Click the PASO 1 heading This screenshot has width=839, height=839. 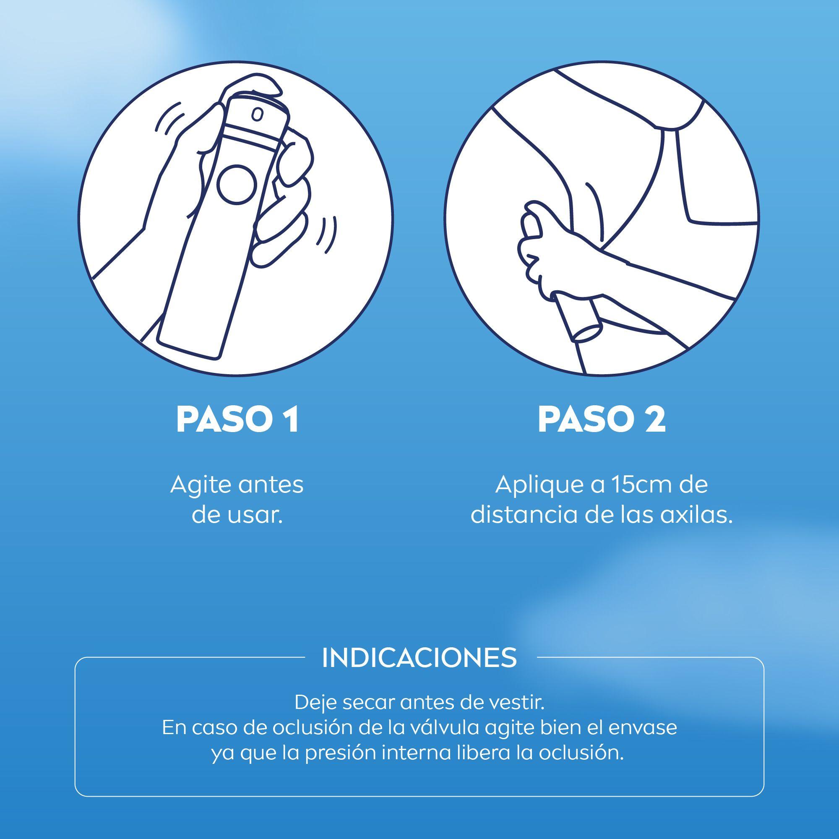237,420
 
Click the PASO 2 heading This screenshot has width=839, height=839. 602,420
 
